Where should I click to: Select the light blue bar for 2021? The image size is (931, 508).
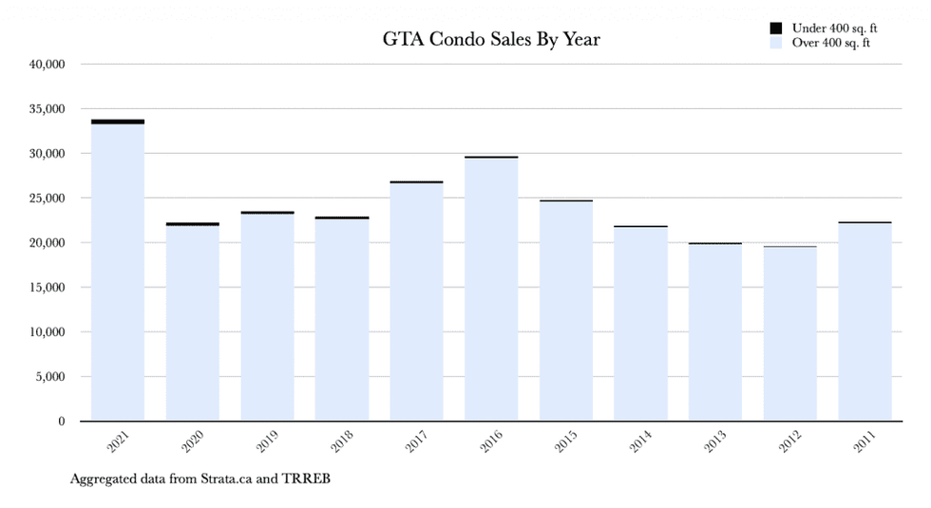point(117,275)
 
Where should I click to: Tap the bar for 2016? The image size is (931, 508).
point(491,290)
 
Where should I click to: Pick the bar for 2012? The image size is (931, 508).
point(790,334)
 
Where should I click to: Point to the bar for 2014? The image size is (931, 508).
point(640,324)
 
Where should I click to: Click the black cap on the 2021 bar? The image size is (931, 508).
point(117,122)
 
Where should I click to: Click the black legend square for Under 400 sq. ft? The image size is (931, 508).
point(776,28)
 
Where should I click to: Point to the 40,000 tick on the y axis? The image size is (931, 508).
point(47,65)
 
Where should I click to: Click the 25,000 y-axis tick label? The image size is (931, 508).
point(47,198)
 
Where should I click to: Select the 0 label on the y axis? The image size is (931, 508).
point(60,422)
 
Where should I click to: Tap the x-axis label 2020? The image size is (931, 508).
point(193,442)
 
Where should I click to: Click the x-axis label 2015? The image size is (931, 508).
point(566,442)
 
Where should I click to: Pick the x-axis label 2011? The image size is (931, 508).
point(864,442)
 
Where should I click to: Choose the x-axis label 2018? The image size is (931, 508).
point(342,442)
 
